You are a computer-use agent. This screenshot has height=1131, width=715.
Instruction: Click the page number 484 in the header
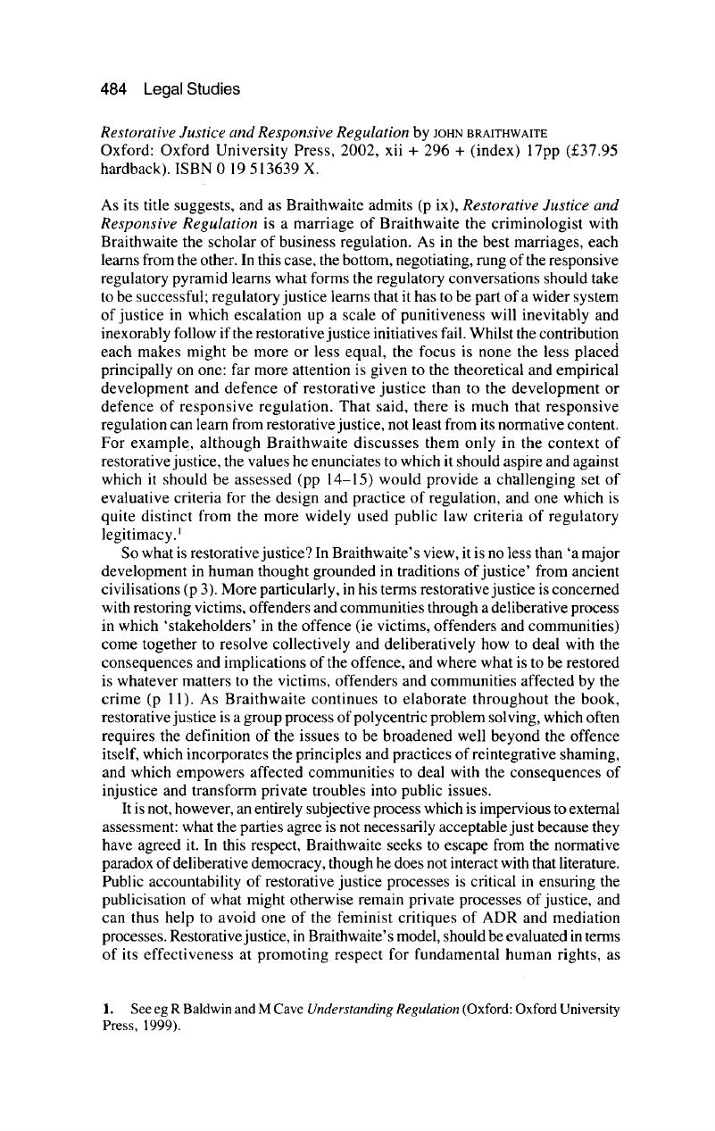pos(112,88)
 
